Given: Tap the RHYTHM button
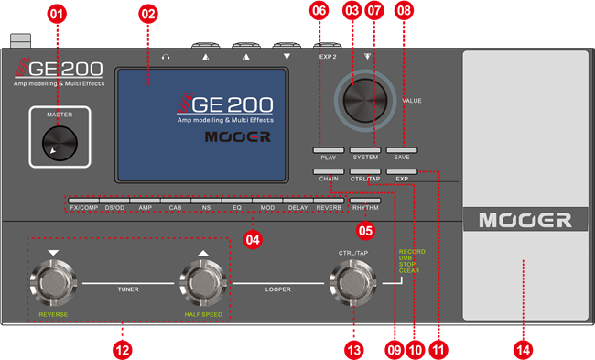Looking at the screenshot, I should click(x=365, y=200).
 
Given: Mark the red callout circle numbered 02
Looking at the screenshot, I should click(x=147, y=13).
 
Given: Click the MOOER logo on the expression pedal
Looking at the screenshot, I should click(x=523, y=220).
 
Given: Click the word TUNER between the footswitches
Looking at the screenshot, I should click(x=128, y=287).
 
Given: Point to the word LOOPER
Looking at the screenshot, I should click(x=277, y=287).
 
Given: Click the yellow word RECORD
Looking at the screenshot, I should click(x=411, y=251).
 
